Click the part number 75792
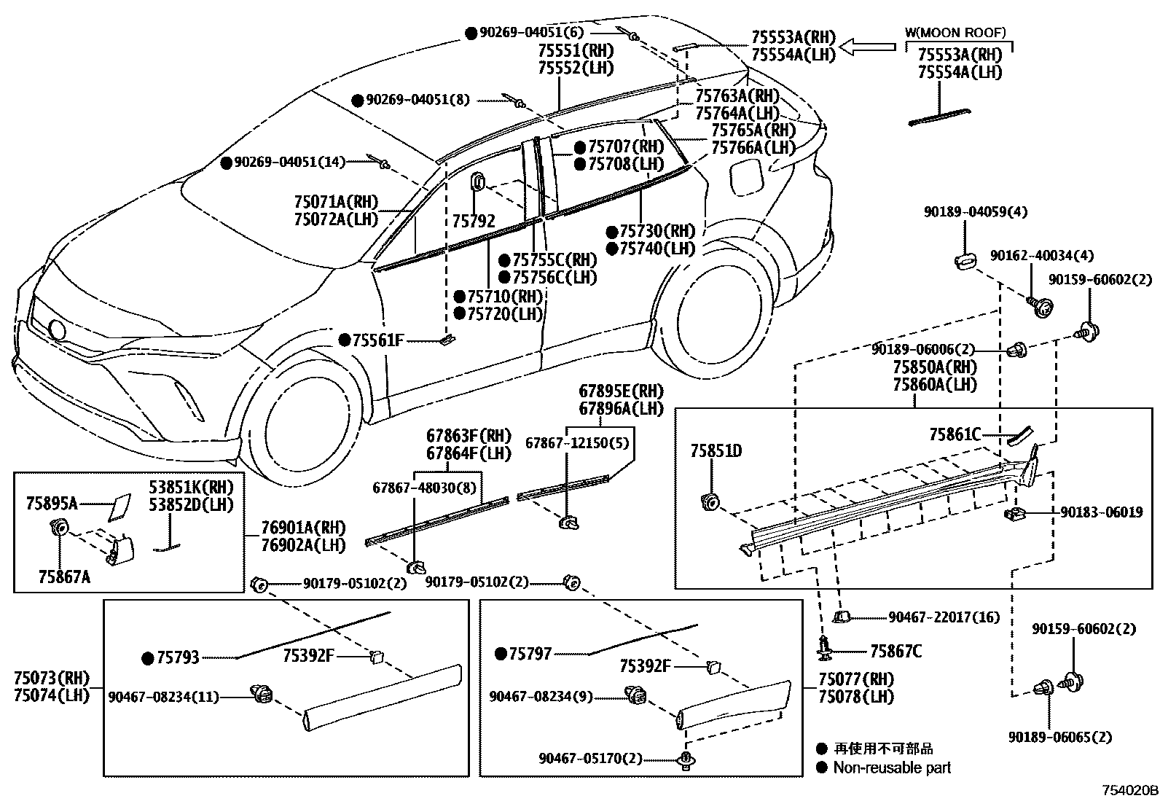click(x=473, y=220)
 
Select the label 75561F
click(x=378, y=340)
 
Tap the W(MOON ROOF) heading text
click(x=955, y=32)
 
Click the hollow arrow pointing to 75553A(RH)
click(x=867, y=47)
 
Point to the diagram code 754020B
click(x=1129, y=790)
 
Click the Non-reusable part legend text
click(x=892, y=767)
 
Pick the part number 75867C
click(x=896, y=652)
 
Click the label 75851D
click(x=716, y=452)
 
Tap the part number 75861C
click(x=955, y=435)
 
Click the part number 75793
click(x=178, y=658)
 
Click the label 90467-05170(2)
click(x=591, y=759)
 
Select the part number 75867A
click(x=64, y=577)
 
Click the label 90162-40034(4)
click(x=1041, y=256)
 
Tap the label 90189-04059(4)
click(x=976, y=212)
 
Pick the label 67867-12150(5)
click(x=577, y=442)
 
